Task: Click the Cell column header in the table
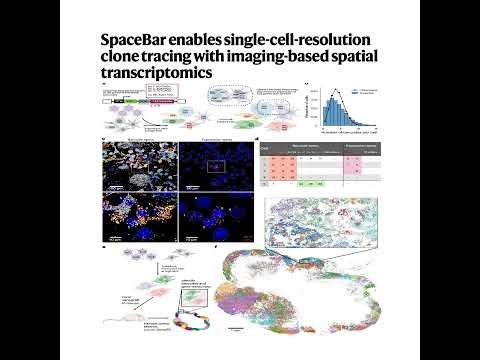tap(266, 147)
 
